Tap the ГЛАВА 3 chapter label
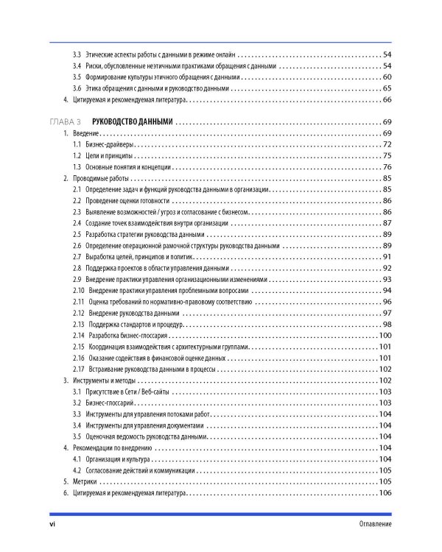point(64,121)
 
